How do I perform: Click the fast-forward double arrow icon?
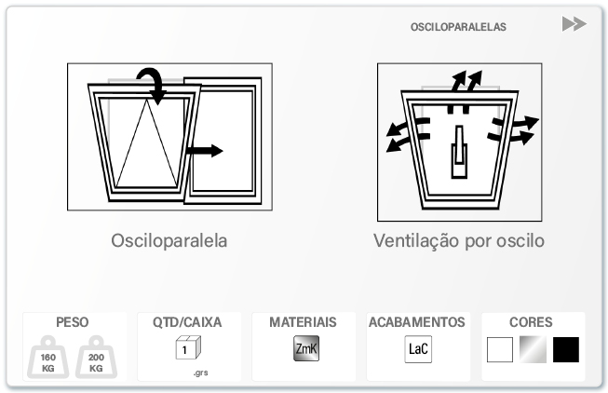click(574, 23)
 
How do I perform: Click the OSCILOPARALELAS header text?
click(458, 27)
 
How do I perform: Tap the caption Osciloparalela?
click(169, 240)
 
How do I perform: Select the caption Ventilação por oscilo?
click(459, 240)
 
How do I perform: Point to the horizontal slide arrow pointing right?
click(204, 151)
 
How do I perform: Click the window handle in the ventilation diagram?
click(459, 152)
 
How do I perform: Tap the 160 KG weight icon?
click(48, 358)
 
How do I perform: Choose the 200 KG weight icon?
click(96, 358)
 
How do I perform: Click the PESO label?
click(72, 322)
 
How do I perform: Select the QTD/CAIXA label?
click(187, 322)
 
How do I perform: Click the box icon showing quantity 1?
click(188, 347)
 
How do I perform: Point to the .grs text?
click(201, 373)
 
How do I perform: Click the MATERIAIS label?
click(303, 322)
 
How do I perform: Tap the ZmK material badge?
click(306, 348)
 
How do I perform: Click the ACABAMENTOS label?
click(417, 322)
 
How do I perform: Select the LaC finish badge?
click(418, 349)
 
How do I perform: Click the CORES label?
click(531, 322)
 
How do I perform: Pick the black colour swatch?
click(566, 349)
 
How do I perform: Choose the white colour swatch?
click(500, 349)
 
